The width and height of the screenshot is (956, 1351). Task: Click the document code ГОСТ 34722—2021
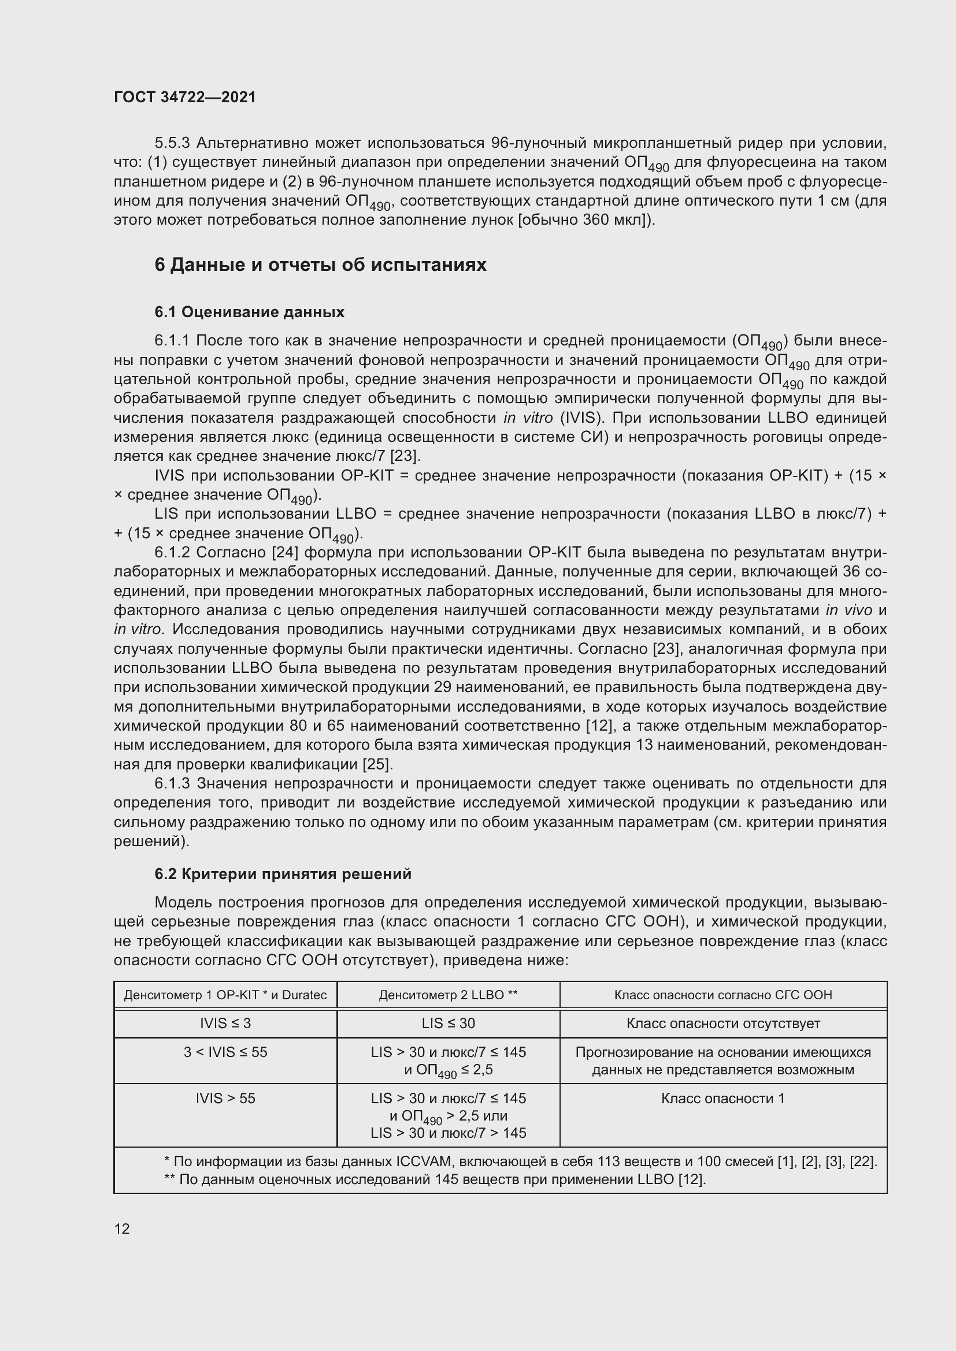185,97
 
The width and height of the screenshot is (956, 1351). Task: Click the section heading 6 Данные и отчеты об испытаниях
320,265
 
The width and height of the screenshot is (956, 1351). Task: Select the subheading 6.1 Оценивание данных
250,312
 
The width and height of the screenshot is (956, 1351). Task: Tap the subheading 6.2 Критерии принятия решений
283,874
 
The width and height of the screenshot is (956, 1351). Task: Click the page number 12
122,1229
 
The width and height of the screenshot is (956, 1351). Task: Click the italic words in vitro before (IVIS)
528,418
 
